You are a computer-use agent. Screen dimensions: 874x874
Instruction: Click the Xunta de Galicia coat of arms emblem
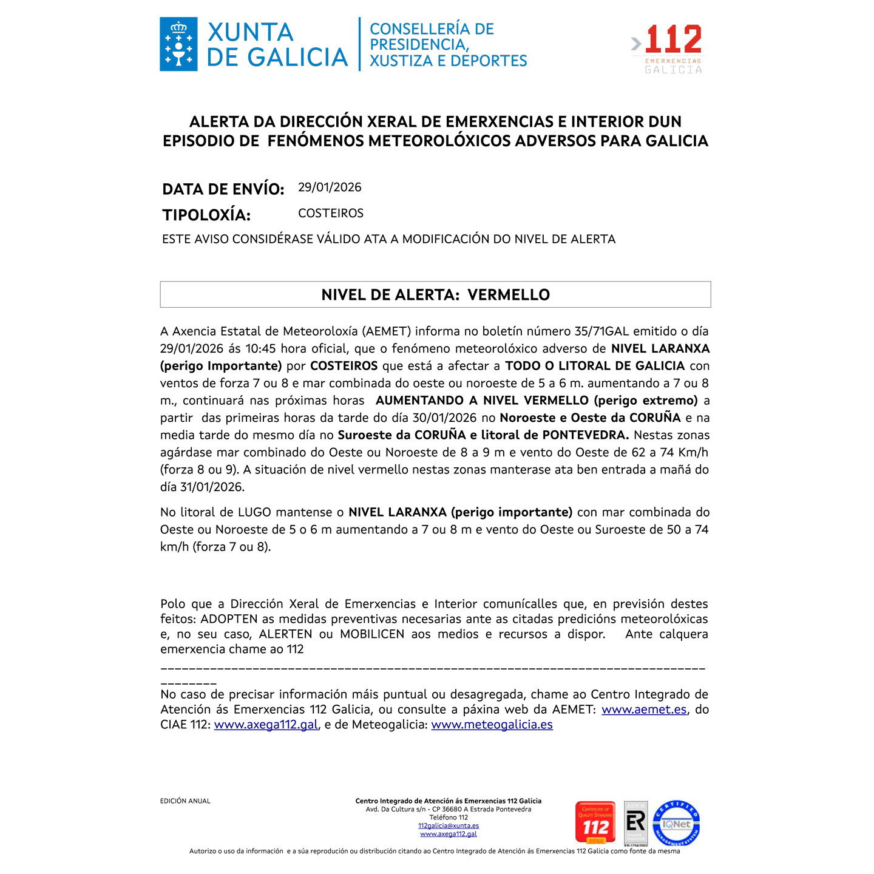[x=178, y=44]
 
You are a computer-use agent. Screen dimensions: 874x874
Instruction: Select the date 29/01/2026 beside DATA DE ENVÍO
[x=330, y=188]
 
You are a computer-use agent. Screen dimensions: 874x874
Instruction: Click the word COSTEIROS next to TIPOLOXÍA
[x=331, y=214]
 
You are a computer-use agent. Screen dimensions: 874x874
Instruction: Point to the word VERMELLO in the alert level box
[x=509, y=295]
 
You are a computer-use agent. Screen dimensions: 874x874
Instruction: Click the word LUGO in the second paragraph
[x=254, y=512]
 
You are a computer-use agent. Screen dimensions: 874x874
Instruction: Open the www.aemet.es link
[x=644, y=710]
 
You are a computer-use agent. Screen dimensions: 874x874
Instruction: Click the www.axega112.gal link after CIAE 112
[x=266, y=725]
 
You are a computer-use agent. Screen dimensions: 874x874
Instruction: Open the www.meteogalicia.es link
[x=492, y=725]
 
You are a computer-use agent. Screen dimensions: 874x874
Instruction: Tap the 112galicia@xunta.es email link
[x=449, y=826]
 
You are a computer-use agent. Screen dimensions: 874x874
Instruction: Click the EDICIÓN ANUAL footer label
[x=185, y=801]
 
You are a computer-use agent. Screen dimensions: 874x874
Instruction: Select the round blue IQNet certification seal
[x=676, y=824]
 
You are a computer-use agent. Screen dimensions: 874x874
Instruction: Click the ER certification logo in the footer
[x=635, y=823]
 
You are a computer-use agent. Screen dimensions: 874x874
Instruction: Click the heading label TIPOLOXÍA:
[x=206, y=215]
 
